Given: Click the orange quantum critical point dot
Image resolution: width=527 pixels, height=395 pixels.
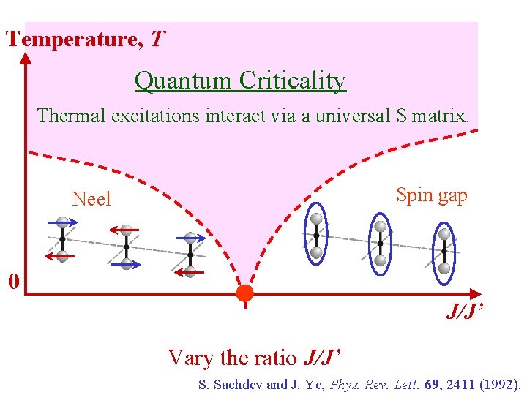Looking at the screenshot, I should [x=244, y=293].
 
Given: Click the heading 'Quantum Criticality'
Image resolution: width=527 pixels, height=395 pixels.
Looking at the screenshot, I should [x=240, y=80].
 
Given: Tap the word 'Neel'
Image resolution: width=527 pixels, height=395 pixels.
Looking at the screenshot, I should [x=91, y=199].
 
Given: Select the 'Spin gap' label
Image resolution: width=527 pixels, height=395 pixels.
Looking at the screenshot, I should [x=431, y=195].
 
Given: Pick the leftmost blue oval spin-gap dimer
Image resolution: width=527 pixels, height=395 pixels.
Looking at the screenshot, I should [x=316, y=235].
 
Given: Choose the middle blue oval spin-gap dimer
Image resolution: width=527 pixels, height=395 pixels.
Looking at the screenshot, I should [x=380, y=244].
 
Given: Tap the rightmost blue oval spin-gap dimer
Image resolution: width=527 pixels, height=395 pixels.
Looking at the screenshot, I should [x=444, y=250].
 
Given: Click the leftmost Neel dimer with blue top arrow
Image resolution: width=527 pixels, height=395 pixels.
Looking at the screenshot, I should [x=62, y=239].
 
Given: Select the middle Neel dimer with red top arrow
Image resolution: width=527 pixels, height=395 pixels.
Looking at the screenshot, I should [x=127, y=247].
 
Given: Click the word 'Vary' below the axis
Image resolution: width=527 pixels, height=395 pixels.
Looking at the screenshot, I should [x=190, y=358].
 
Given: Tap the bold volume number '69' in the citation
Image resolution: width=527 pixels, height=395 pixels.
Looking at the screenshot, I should [x=438, y=384].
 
